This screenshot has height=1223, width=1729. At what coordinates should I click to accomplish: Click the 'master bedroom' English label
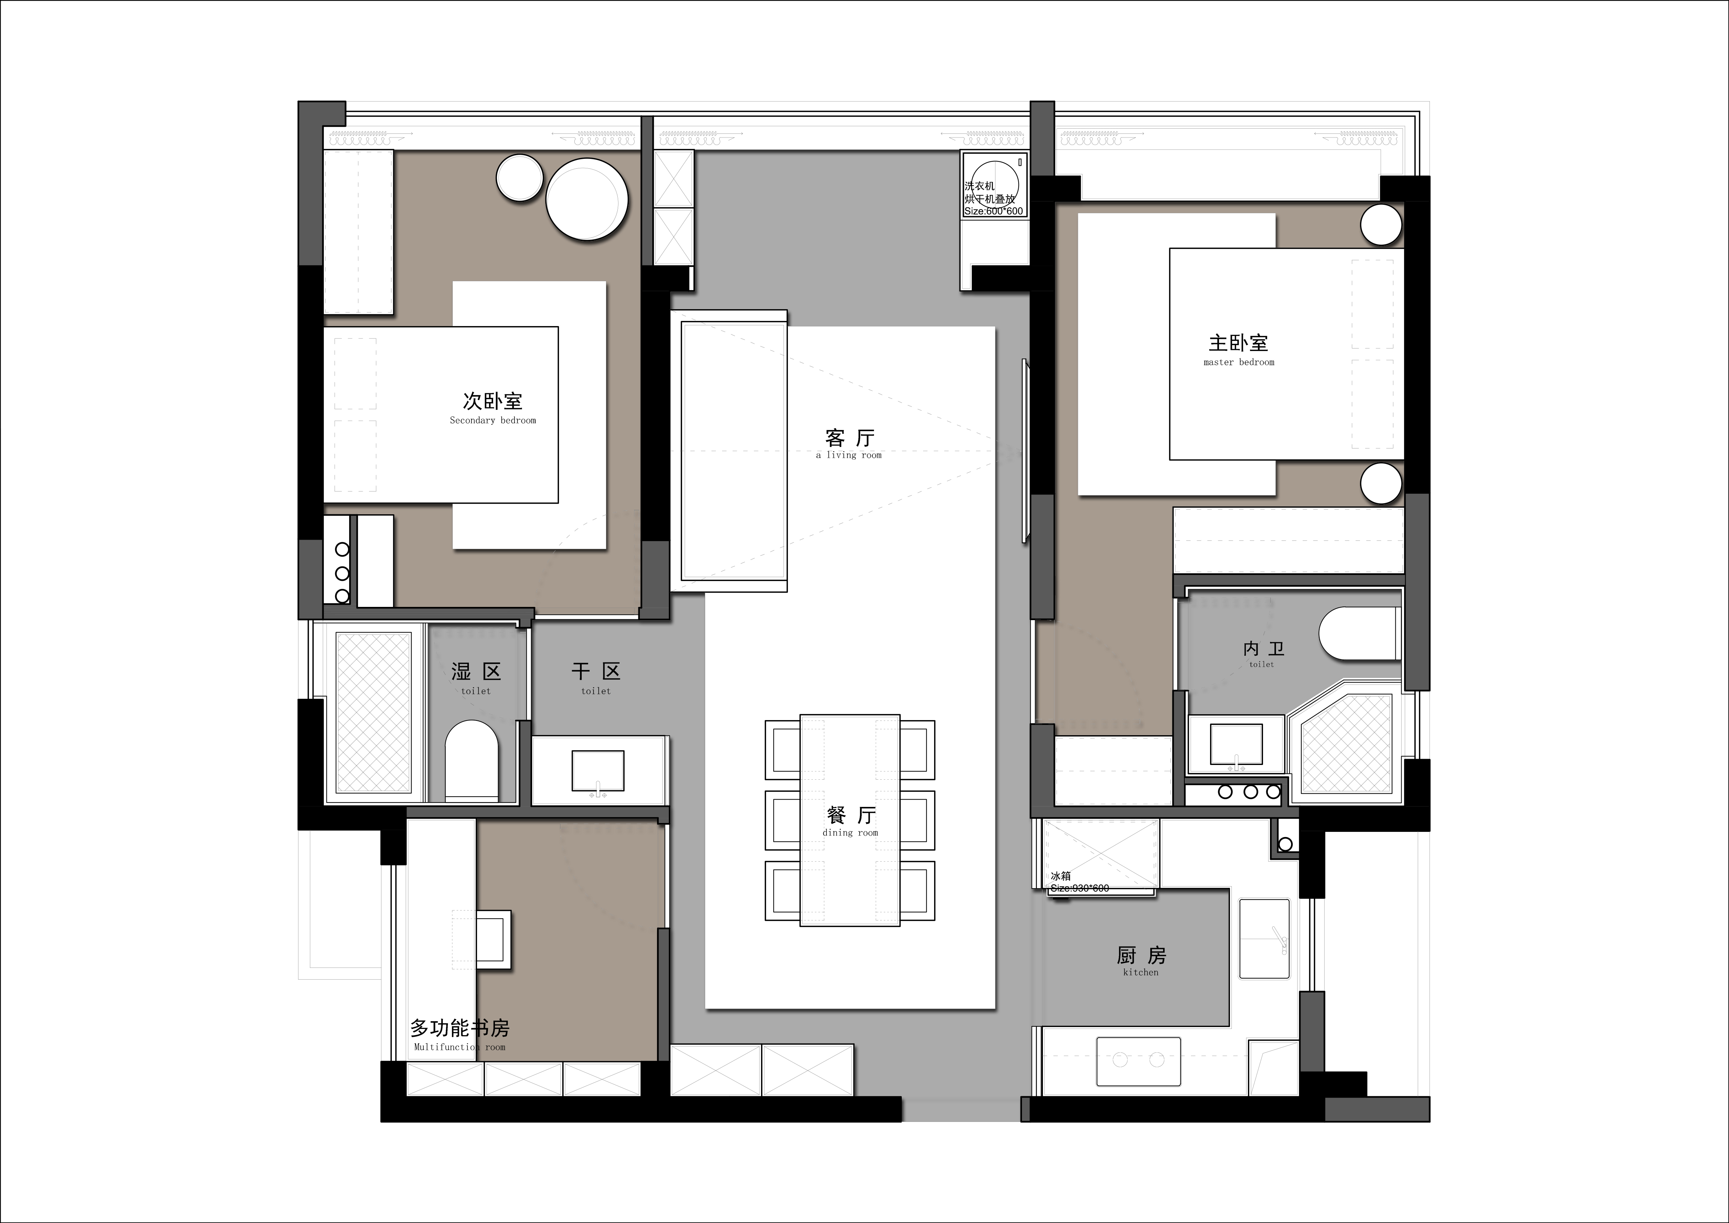point(1239,362)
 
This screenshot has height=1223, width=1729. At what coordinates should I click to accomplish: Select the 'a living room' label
point(849,455)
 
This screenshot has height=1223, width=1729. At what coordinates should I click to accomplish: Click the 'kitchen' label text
point(1141,972)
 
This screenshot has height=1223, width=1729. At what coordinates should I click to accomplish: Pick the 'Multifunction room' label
point(459,1047)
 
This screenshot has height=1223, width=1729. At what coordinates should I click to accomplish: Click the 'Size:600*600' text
point(994,211)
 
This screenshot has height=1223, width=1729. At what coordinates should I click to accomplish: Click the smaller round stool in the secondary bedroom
point(520,178)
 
